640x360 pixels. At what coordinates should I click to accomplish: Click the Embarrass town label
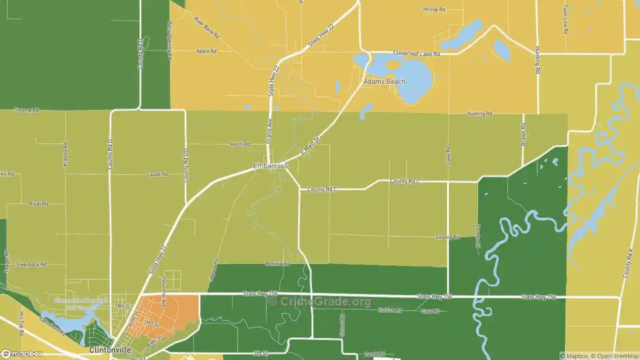click(270, 165)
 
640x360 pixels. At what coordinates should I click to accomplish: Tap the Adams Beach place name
click(384, 81)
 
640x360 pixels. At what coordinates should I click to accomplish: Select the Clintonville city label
click(110, 350)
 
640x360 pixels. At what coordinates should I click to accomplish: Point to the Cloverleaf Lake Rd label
click(416, 53)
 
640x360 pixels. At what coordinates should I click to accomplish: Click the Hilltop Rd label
click(433, 9)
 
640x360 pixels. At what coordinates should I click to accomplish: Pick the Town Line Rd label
click(565, 19)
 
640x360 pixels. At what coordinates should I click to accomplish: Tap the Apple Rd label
click(206, 51)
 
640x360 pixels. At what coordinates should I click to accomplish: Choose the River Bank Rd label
click(206, 28)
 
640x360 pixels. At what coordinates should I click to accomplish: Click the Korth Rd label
click(240, 144)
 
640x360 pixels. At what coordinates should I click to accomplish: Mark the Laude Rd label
click(157, 174)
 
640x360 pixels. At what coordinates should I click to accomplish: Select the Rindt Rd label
click(38, 204)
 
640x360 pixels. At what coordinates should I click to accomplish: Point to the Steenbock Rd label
click(31, 264)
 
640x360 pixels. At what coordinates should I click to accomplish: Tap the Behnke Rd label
click(277, 263)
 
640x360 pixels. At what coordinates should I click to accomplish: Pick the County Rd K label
click(627, 263)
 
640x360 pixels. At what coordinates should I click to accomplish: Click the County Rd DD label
click(185, 165)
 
